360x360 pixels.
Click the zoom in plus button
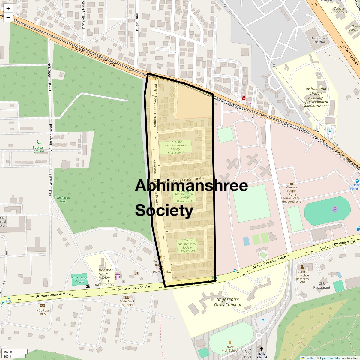pyautogui.click(x=8, y=9)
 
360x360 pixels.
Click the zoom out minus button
pyautogui.click(x=8, y=17)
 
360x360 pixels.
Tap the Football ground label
pyautogui.click(x=39, y=149)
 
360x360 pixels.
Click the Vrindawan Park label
pyautogui.click(x=62, y=199)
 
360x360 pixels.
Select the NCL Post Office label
pyautogui.click(x=43, y=312)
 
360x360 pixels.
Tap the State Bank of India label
pyautogui.click(x=127, y=303)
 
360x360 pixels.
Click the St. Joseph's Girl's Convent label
pyautogui.click(x=228, y=302)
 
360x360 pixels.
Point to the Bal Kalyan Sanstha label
pyautogui.click(x=319, y=40)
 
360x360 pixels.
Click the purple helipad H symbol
pyautogui.click(x=335, y=209)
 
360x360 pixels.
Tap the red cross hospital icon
pyautogui.click(x=244, y=98)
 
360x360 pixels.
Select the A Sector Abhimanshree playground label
pyautogui.click(x=187, y=246)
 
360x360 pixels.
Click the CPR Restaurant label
pyautogui.click(x=322, y=285)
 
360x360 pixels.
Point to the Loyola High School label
pyautogui.click(x=230, y=349)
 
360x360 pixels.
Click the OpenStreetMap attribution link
pyautogui.click(x=330, y=358)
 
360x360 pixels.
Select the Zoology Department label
pyautogui.click(x=339, y=10)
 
